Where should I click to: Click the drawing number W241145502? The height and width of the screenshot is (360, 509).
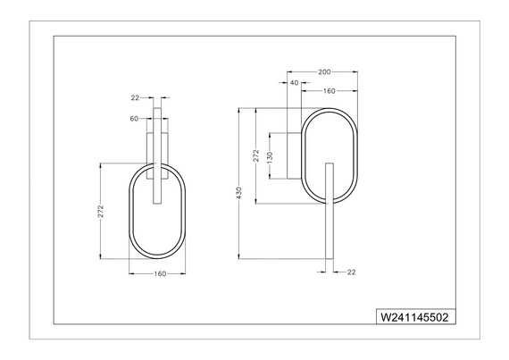coord(414,317)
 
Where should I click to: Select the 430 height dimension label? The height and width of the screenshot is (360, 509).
coord(239,193)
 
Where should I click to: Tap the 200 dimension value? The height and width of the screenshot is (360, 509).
coord(324,72)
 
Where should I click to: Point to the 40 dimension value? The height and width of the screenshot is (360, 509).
coord(294,83)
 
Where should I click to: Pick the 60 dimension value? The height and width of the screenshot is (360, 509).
coord(134,119)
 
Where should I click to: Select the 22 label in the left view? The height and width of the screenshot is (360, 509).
coord(135,97)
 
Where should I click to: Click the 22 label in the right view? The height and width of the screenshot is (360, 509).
coord(352,272)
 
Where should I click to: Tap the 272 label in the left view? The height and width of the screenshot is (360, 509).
coord(101,212)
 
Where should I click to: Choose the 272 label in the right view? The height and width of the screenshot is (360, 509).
coord(256,155)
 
